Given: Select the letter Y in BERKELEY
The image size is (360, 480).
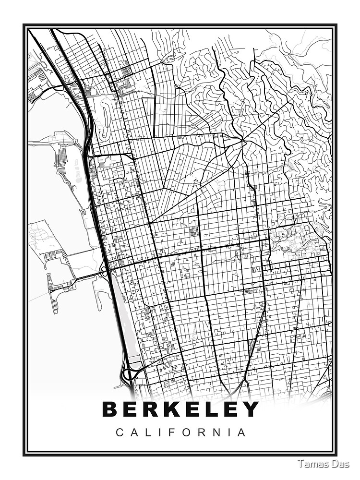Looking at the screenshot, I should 250,409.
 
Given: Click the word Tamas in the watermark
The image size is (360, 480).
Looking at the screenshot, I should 312,464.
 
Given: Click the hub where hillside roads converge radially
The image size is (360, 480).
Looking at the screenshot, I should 244,140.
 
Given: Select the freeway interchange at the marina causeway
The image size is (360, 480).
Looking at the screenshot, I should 104,272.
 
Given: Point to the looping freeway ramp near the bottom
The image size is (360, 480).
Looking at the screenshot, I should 127,374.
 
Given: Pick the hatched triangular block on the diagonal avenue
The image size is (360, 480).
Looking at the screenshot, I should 252,345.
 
